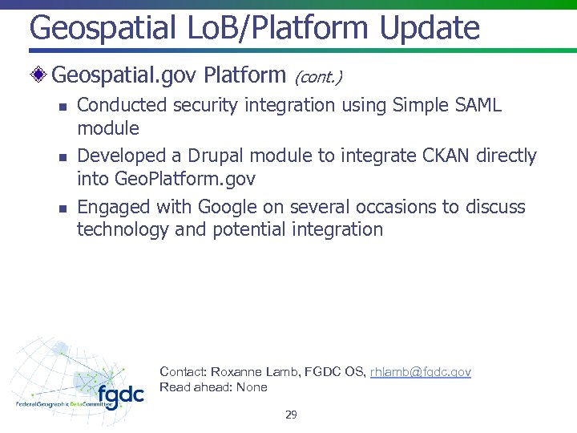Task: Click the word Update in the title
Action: (430, 27)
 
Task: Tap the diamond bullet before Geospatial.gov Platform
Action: (41, 76)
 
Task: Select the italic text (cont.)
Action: (318, 78)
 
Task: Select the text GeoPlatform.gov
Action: (181, 177)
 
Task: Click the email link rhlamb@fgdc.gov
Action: (420, 372)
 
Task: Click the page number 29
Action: (291, 415)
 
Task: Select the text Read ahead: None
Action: (213, 387)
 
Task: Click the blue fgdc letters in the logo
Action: (120, 395)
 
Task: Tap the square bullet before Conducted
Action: (61, 106)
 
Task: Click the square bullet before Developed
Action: (61, 156)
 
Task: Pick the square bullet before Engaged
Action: (61, 208)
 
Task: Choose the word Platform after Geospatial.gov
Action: (244, 75)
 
